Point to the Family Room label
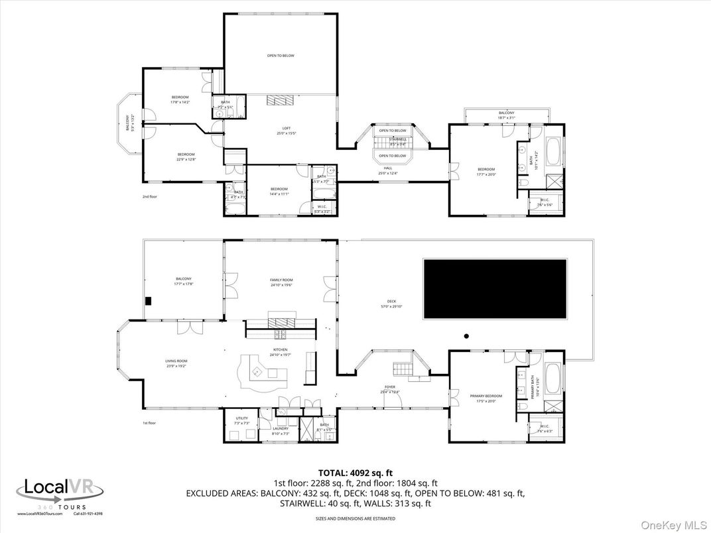[x=281, y=282]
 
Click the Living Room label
[x=176, y=363]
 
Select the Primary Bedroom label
[x=486, y=398]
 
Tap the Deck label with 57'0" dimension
[x=392, y=304]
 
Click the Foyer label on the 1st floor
[x=390, y=388]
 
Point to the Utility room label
[x=242, y=420]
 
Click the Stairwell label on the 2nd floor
[x=397, y=141]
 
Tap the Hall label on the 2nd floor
[x=388, y=170]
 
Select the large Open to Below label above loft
[x=281, y=56]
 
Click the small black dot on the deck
[x=466, y=336]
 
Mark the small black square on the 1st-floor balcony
[x=149, y=301]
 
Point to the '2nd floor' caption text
[x=149, y=197]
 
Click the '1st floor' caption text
[x=149, y=423]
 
